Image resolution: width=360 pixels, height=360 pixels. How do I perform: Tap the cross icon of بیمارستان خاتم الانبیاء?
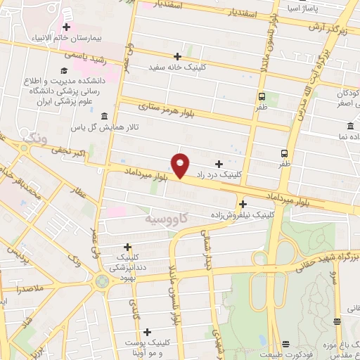click(66, 27)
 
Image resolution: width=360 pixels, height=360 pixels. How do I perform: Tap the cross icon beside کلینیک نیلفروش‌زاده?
click(243, 204)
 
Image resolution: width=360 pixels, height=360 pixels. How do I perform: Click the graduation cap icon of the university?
click(64, 70)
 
